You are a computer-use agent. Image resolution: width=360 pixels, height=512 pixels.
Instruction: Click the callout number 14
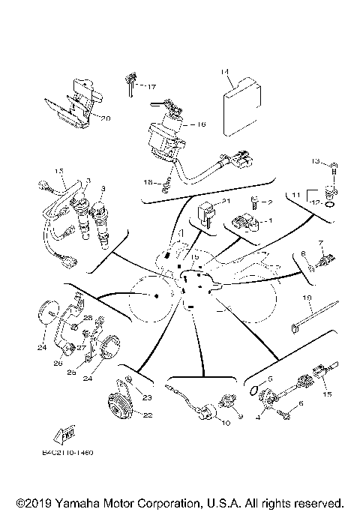(x=223, y=71)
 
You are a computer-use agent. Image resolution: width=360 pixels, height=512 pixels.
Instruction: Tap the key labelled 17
(x=130, y=85)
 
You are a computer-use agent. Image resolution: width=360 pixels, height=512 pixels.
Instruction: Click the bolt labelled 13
(x=335, y=164)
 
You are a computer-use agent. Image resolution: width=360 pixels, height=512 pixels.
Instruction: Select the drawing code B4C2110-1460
(x=67, y=453)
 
